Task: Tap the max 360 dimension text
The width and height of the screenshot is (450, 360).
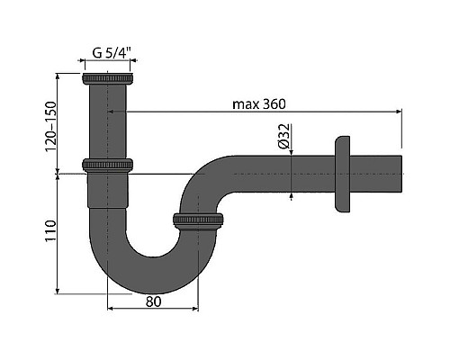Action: (259, 104)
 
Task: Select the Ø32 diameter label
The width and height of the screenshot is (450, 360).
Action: (284, 136)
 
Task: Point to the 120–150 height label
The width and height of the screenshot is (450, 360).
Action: (50, 127)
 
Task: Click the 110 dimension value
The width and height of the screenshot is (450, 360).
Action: (50, 231)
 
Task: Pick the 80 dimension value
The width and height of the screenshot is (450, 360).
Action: (153, 301)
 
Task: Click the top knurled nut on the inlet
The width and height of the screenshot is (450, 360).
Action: (107, 78)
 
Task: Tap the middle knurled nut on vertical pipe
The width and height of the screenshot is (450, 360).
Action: (107, 166)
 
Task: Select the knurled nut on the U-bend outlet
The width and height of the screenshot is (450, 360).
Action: (198, 220)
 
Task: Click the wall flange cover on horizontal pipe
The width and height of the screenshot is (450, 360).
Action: (342, 175)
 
